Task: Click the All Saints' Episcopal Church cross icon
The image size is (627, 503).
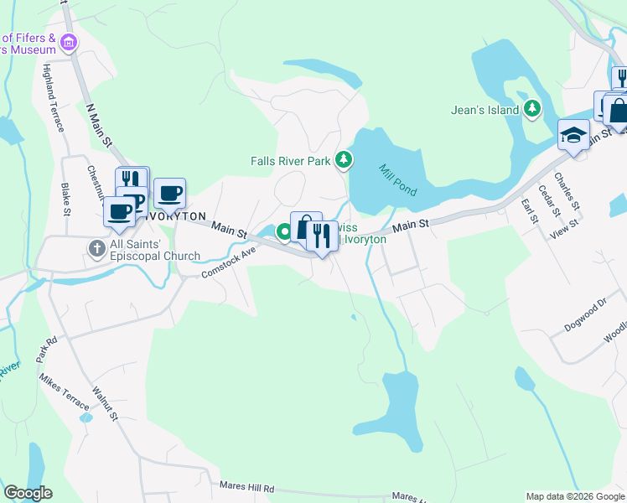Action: (97, 248)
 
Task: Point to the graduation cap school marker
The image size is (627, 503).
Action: (574, 135)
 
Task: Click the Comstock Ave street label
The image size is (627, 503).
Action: (227, 263)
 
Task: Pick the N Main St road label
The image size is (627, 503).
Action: (99, 125)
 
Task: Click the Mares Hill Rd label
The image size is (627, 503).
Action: (246, 486)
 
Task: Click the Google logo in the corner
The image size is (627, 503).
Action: (28, 493)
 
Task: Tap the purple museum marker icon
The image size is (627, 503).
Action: (70, 41)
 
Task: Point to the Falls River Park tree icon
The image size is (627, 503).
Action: (343, 159)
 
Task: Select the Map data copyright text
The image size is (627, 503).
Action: (575, 496)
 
